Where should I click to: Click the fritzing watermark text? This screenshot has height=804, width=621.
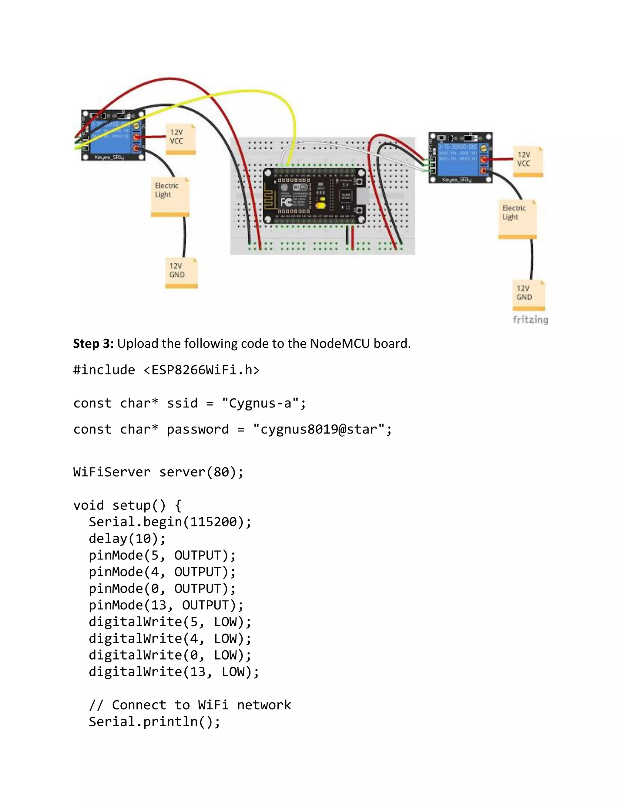530,319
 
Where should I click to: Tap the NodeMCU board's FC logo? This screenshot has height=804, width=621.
286,202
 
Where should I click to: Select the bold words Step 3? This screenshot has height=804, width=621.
93,343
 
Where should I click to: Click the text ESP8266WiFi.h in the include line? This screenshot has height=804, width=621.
201,370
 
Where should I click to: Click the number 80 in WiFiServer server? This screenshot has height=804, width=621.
221,472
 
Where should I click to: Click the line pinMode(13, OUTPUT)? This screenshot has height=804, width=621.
166,605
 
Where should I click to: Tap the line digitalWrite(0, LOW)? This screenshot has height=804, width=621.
170,655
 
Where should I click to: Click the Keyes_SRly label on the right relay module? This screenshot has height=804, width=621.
456,180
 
